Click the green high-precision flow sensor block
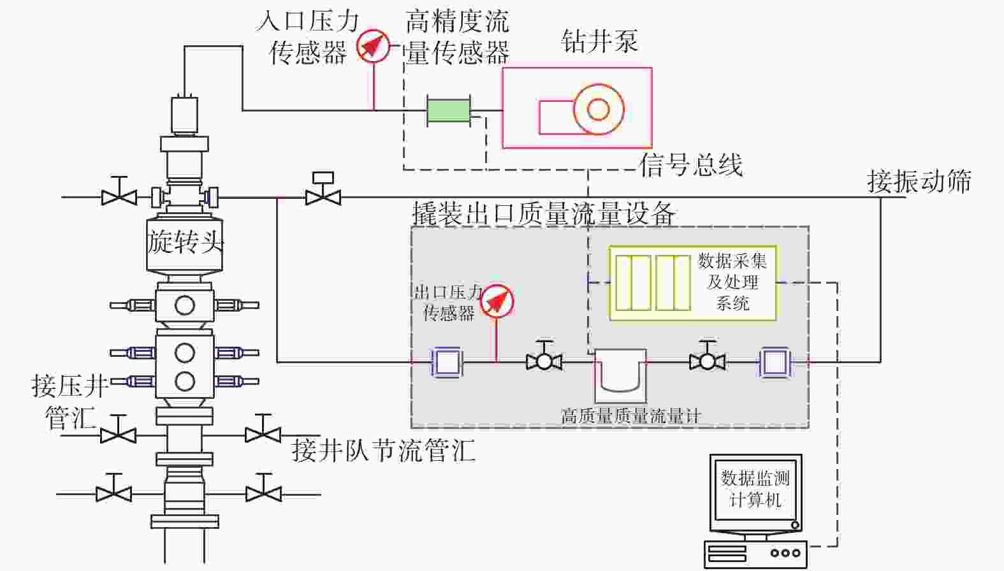click(x=448, y=110)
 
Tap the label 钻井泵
click(x=599, y=41)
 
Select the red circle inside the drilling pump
click(x=598, y=109)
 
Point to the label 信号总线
click(x=691, y=165)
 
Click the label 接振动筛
click(x=919, y=182)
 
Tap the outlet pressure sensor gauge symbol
click(x=497, y=301)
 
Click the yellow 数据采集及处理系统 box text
click(x=732, y=282)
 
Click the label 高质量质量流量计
click(x=630, y=416)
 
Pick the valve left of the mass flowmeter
click(x=544, y=361)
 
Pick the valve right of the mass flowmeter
click(x=707, y=361)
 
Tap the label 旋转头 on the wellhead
click(x=186, y=242)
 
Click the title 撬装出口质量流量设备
click(x=543, y=213)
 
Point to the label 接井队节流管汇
click(x=383, y=450)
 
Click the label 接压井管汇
click(x=70, y=401)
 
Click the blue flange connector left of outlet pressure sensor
click(x=447, y=362)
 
